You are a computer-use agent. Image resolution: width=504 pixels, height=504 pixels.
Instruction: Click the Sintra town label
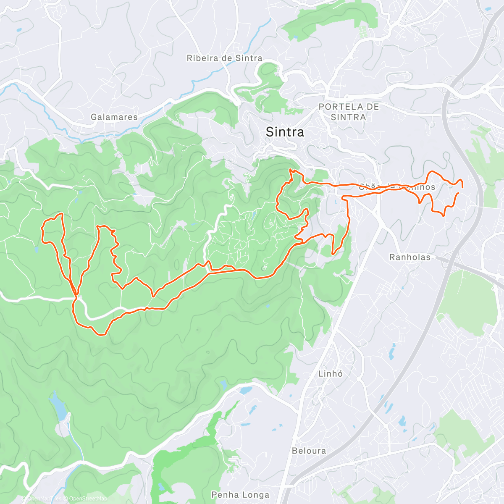[285, 132]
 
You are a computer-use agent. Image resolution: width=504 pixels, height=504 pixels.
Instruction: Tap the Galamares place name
[114, 117]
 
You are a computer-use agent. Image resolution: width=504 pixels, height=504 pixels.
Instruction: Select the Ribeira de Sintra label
[224, 58]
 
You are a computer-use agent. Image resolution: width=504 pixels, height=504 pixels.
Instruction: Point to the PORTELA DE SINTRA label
[349, 112]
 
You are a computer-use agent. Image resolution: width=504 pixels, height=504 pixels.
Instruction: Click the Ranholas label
[410, 257]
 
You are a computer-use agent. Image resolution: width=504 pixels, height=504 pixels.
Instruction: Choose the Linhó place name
[331, 373]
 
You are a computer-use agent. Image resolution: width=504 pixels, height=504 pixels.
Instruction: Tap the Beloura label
[309, 451]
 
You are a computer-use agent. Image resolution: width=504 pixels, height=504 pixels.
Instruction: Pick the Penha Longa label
[240, 495]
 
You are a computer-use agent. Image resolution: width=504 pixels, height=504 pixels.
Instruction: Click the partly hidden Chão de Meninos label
[397, 187]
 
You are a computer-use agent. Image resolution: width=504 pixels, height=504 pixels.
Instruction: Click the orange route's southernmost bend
[101, 334]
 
